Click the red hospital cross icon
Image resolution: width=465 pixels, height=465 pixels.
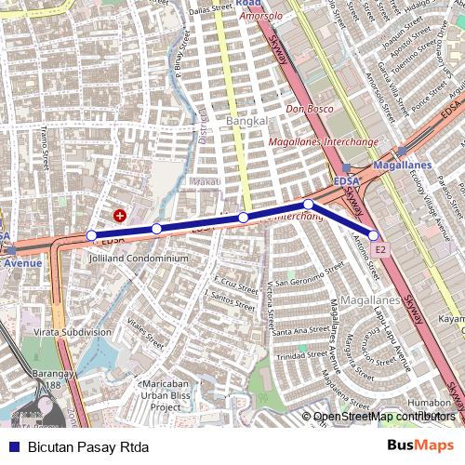(119, 215)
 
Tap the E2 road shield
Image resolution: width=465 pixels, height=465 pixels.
(380, 250)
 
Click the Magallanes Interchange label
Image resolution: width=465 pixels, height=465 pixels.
(323, 140)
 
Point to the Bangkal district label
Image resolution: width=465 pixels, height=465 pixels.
(246, 122)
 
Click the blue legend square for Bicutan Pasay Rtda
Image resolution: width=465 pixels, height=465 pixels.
(12, 445)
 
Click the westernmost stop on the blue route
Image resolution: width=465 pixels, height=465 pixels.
(91, 235)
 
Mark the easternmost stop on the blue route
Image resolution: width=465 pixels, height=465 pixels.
(374, 235)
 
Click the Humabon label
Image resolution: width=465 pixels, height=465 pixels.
(427, 402)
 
